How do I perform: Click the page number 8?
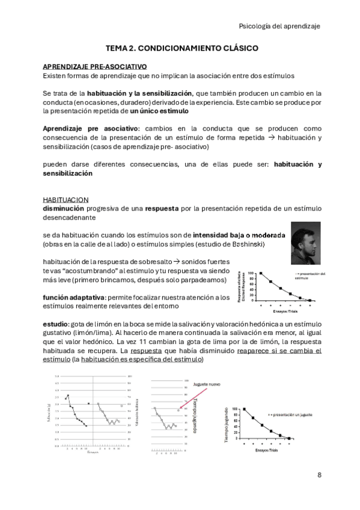point(319,475)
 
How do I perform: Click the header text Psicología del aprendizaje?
point(279,26)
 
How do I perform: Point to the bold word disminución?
point(63,209)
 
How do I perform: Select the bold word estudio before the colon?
point(55,323)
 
